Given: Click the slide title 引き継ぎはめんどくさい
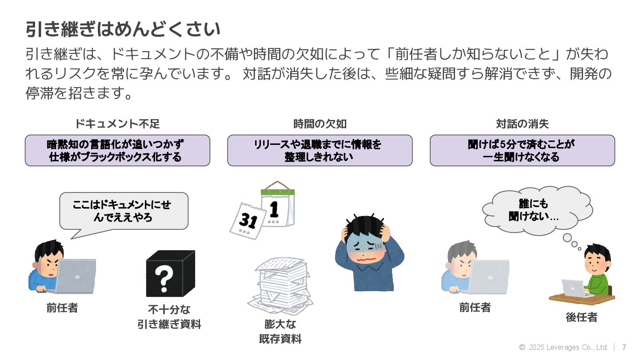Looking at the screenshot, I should tap(123, 30).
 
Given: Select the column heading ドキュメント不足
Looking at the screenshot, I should tap(117, 124).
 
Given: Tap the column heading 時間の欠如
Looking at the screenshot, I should tap(320, 124).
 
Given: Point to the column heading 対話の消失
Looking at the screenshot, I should tap(522, 124).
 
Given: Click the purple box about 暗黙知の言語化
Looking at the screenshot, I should tap(117, 151).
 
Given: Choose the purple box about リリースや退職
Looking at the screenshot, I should tap(320, 151).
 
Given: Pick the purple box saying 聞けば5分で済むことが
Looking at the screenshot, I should tap(522, 151).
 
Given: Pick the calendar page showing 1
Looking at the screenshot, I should tap(277, 207).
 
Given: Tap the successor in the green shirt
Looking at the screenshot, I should tap(596, 271).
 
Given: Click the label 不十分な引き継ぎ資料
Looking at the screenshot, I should tap(169, 316).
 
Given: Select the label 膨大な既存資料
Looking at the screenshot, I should tap(280, 331).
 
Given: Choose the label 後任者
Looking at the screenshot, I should tap(581, 317).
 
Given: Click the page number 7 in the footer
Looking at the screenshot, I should tap(624, 347).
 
